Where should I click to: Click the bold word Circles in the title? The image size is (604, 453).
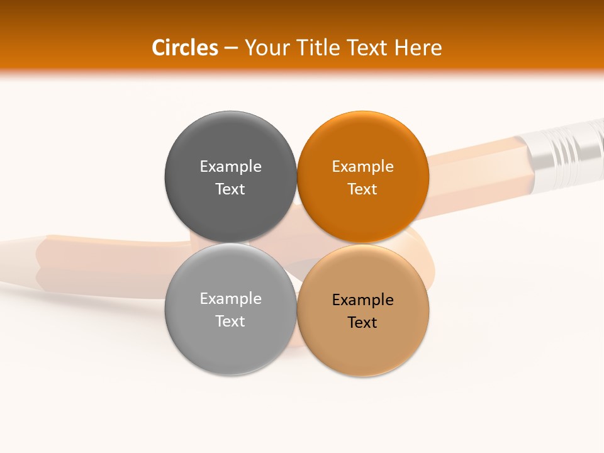tap(184, 48)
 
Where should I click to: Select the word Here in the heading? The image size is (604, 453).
tap(419, 48)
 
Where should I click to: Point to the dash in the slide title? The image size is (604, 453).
tap(231, 48)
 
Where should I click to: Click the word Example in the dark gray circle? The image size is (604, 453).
tap(230, 166)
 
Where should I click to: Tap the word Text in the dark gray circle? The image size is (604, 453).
tap(230, 189)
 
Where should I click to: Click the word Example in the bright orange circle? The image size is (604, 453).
tap(362, 166)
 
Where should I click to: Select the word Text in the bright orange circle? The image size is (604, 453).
tap(362, 189)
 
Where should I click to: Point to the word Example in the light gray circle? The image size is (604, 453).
tap(230, 298)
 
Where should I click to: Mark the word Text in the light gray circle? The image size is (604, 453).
tap(230, 321)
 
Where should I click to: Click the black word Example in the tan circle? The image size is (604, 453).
tap(362, 299)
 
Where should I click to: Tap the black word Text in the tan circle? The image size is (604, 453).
tap(362, 322)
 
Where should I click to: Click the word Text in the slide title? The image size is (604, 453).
tap(372, 48)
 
